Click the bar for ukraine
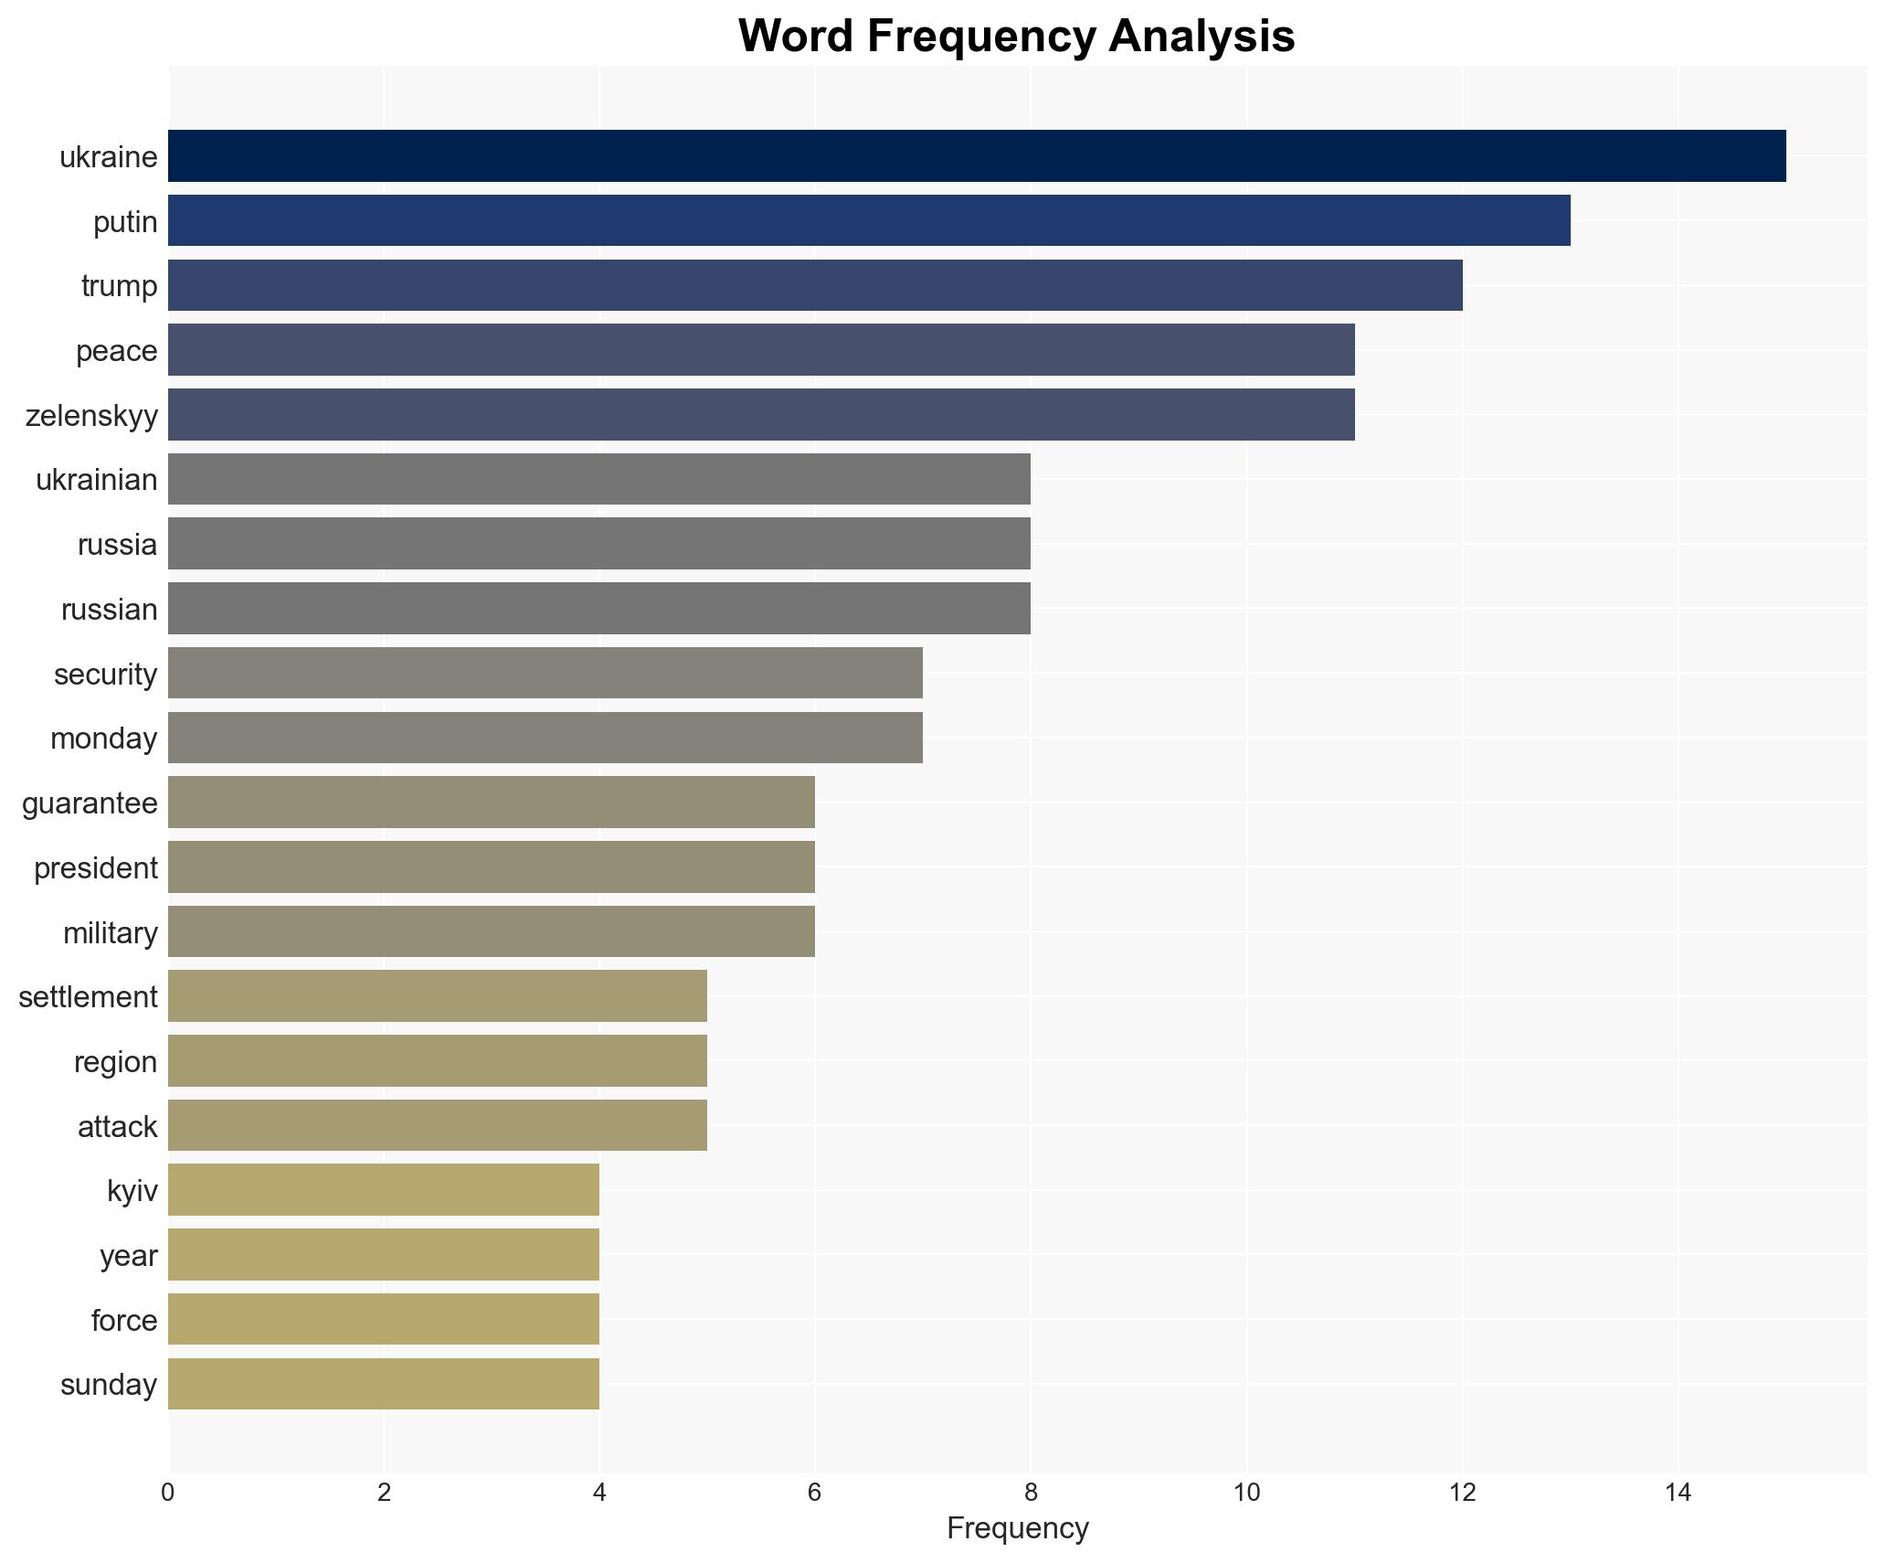pos(976,156)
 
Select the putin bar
pos(868,220)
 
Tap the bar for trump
pos(814,285)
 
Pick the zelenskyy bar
pos(760,415)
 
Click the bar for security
pos(545,674)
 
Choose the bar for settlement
pos(437,996)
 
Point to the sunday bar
pos(383,1385)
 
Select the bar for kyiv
pos(383,1190)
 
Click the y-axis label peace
pos(116,351)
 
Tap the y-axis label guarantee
pos(90,803)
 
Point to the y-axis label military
pos(110,933)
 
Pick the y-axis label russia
pos(117,545)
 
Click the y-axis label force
pos(124,1321)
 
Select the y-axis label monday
pos(103,739)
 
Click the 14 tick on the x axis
pos(1678,1494)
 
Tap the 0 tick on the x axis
pos(168,1494)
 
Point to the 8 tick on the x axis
pos(1031,1494)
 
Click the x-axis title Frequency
pos(1017,1529)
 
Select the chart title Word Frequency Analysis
pos(1016,37)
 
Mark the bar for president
pos(491,867)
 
